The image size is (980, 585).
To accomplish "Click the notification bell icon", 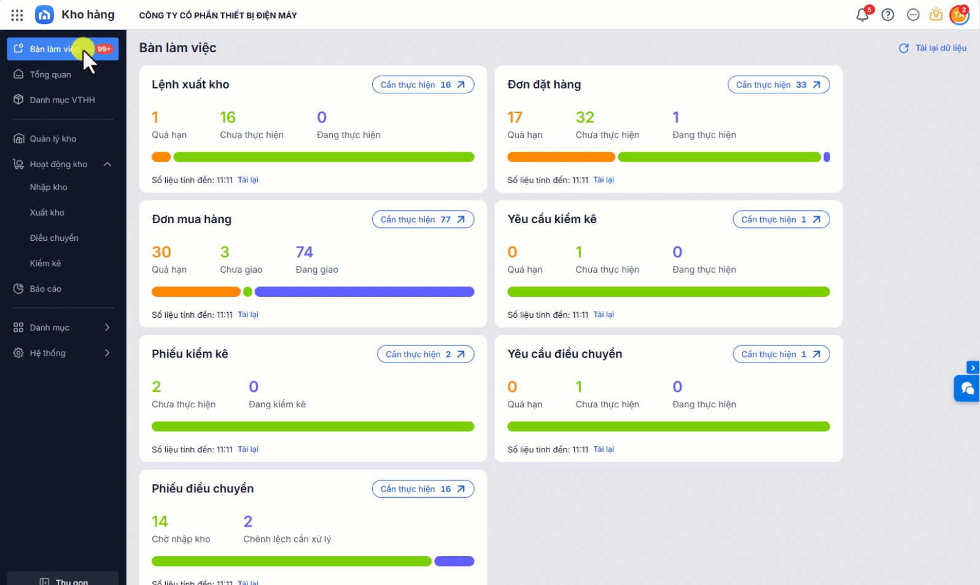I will pos(862,15).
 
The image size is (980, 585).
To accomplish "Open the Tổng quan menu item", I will pos(50,74).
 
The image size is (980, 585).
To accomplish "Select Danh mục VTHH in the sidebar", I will pos(62,100).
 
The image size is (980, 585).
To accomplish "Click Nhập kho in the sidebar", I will pos(49,187).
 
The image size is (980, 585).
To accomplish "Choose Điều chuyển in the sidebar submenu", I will pos(54,238).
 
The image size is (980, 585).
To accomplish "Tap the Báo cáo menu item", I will pos(45,289).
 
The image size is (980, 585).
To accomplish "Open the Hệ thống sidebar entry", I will pos(48,353).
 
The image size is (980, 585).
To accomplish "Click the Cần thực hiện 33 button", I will pos(778,85).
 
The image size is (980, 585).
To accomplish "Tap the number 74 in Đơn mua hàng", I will pos(304,252).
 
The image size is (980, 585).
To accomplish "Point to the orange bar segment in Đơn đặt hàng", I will pos(561,157).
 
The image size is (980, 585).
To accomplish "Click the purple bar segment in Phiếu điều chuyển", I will pos(454,561).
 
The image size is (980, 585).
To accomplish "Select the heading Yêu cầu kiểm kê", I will pos(551,219).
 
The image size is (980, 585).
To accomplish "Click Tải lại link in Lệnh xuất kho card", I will pos(248,180).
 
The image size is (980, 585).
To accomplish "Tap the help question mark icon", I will pos(887,15).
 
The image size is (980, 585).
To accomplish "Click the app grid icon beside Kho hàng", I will pos(17,15).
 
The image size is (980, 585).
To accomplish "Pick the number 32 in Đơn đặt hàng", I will pos(585,117).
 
